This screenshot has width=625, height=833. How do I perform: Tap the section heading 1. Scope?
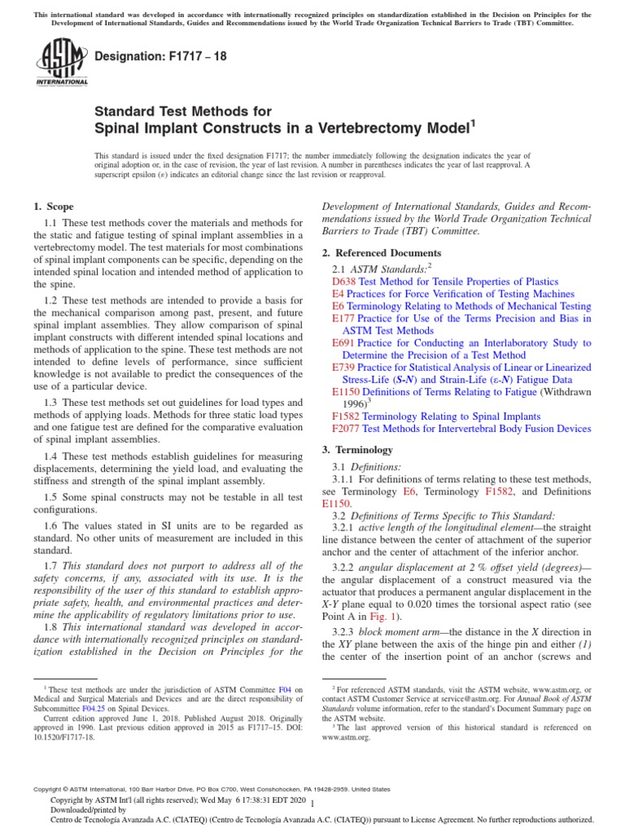coord(53,207)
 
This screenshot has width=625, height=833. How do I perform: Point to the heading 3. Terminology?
coord(358,450)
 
